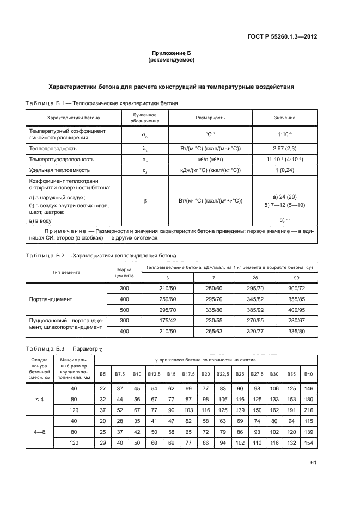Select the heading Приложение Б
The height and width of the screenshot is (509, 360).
tap(172, 53)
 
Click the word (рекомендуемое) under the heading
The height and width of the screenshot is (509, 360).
tap(172, 60)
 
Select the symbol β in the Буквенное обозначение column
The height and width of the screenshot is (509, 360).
tap(145, 201)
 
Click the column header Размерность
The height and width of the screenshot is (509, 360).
tap(210, 118)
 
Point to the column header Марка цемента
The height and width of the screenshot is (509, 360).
tap(125, 272)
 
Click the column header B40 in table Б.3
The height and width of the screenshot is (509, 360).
tap(309, 373)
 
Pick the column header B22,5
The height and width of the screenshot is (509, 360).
tap(222, 373)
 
